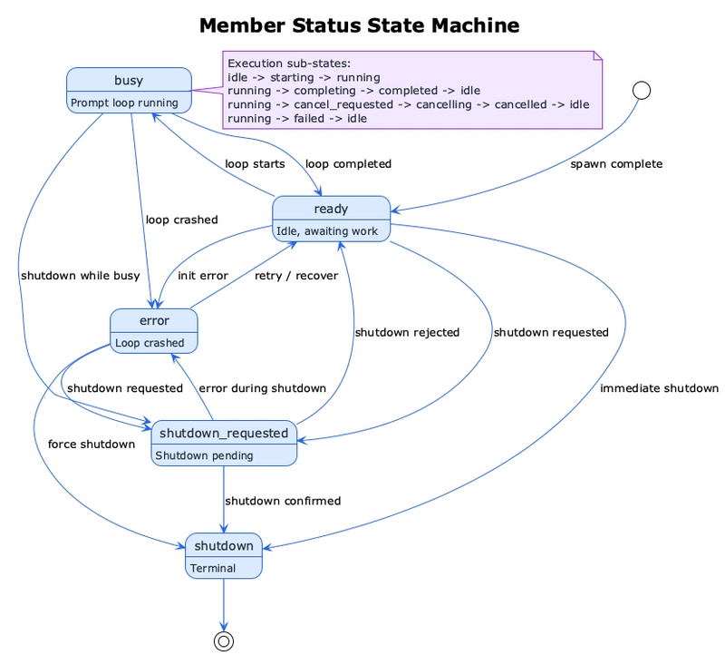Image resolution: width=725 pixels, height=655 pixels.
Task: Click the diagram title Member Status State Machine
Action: tap(359, 25)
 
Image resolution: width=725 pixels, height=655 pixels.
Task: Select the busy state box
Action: tap(129, 92)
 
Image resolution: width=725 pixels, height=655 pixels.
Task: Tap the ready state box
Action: tap(331, 219)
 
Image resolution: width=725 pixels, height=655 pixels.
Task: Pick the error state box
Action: tap(153, 331)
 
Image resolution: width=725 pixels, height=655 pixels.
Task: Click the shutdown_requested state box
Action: tap(224, 443)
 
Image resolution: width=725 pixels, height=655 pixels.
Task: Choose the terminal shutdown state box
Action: tap(224, 555)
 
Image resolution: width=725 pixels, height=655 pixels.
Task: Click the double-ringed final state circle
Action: tap(224, 640)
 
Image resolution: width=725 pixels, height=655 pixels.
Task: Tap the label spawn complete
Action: tap(616, 164)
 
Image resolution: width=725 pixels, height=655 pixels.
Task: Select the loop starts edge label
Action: tap(255, 164)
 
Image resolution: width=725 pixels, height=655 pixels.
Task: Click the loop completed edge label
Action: tap(348, 164)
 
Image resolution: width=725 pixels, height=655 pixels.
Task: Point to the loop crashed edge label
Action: tap(181, 220)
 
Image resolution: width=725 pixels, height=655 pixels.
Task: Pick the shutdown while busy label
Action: tap(79, 276)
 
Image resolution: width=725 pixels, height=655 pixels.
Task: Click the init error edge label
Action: tap(203, 276)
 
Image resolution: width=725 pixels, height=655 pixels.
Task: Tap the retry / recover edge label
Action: tap(295, 276)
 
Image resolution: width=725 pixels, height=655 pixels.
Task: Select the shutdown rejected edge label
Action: tap(407, 332)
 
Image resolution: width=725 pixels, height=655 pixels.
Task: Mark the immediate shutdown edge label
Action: tap(659, 388)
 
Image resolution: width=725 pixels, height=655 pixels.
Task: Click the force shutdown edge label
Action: tap(91, 445)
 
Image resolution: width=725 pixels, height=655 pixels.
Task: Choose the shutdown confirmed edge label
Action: tap(283, 501)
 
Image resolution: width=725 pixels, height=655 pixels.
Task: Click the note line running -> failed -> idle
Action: tap(297, 118)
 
